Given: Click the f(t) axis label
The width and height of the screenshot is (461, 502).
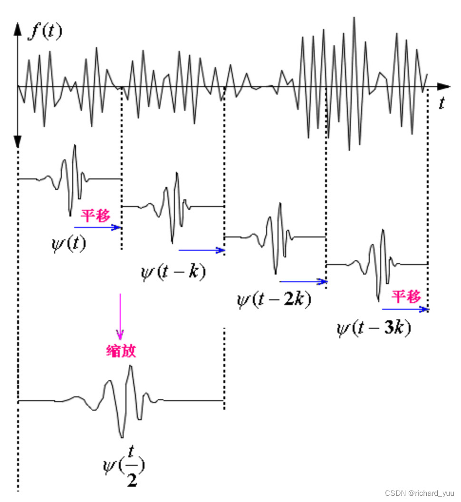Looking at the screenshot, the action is click(x=45, y=32).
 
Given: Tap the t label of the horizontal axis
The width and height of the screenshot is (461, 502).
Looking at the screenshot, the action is click(x=442, y=104).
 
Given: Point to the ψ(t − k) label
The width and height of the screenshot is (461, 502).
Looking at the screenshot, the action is click(x=173, y=272).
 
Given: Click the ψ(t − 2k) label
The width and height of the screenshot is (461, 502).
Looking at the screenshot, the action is click(x=274, y=300).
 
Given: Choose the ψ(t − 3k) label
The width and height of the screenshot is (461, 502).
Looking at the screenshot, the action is click(x=374, y=329).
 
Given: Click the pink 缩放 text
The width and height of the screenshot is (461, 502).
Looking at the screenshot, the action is click(x=121, y=351).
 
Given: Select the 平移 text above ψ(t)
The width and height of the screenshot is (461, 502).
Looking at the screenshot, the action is click(x=95, y=216).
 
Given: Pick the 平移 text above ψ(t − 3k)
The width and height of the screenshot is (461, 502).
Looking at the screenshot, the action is click(x=406, y=297).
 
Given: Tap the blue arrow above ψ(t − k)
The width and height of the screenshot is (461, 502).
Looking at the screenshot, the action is click(x=201, y=250).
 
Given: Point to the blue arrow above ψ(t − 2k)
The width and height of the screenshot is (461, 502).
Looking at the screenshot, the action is click(x=303, y=282).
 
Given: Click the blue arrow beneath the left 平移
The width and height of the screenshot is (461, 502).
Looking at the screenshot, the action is click(x=98, y=227).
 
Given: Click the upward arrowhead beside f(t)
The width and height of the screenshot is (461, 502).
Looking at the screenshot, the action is click(x=18, y=29).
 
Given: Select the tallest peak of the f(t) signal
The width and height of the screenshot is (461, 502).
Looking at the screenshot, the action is click(x=354, y=19).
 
